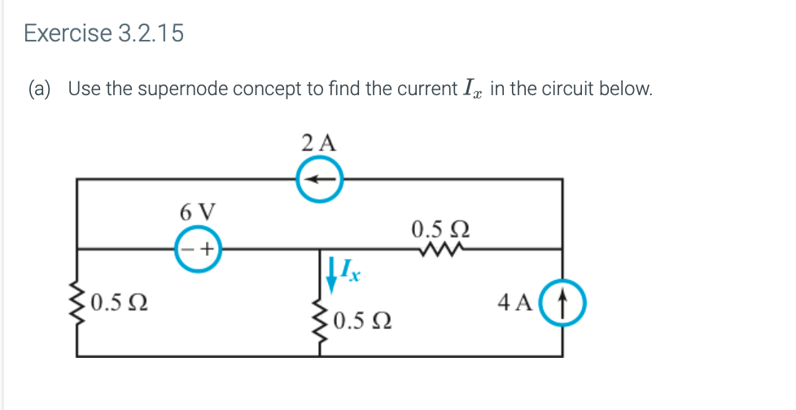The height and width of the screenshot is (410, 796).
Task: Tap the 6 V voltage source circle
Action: pyautogui.click(x=196, y=249)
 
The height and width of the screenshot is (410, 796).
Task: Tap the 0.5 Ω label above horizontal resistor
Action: pyautogui.click(x=440, y=227)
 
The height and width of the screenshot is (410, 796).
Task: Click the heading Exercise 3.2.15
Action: pyautogui.click(x=103, y=33)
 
